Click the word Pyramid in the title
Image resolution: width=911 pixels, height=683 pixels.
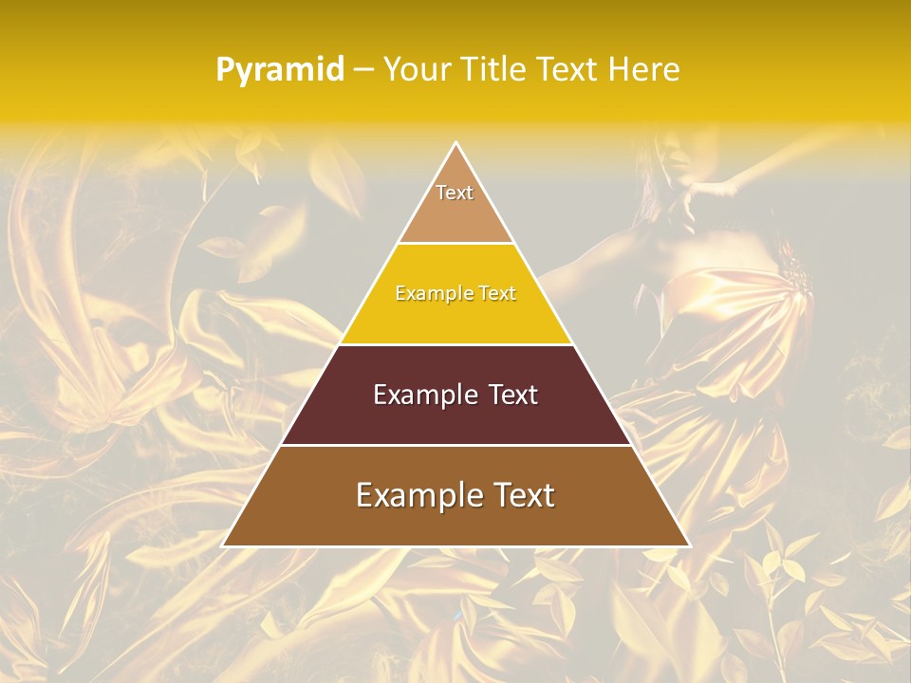click(x=279, y=69)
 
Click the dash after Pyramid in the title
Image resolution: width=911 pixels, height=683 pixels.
click(x=363, y=70)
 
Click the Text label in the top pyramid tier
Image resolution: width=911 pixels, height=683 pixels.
click(x=455, y=193)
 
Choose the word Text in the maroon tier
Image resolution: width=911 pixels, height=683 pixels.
click(x=511, y=395)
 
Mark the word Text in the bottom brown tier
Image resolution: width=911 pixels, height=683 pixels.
click(x=524, y=495)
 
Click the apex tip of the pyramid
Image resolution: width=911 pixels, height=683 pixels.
click(x=456, y=143)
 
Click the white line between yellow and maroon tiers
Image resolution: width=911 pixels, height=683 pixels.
click(x=455, y=344)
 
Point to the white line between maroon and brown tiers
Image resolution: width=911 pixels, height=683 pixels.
click(x=455, y=445)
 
